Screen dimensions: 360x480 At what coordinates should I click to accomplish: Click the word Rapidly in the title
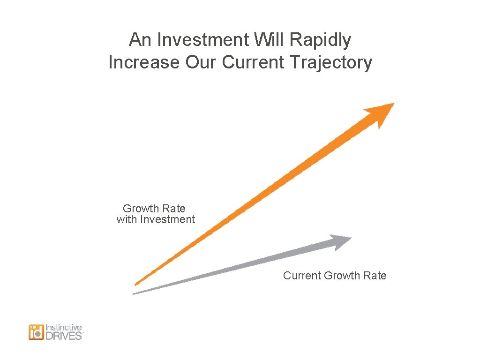click(320, 41)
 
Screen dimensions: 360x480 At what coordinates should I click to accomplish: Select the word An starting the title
click(140, 40)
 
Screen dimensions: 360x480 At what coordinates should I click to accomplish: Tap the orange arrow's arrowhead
click(381, 113)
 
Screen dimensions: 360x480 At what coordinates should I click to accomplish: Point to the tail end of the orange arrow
click(136, 283)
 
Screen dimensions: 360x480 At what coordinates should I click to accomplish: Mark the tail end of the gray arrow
click(135, 293)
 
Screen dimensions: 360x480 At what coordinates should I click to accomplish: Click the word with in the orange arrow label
click(126, 219)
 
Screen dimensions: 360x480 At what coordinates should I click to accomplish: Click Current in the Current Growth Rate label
click(302, 276)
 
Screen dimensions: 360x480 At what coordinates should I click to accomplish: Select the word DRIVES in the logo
click(63, 336)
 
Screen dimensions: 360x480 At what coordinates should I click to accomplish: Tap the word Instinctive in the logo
click(63, 328)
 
